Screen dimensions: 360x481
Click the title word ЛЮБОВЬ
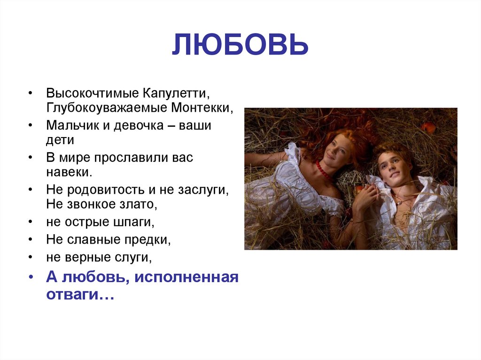(240, 46)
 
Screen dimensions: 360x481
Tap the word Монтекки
(202, 107)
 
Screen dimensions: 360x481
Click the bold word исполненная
(186, 278)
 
